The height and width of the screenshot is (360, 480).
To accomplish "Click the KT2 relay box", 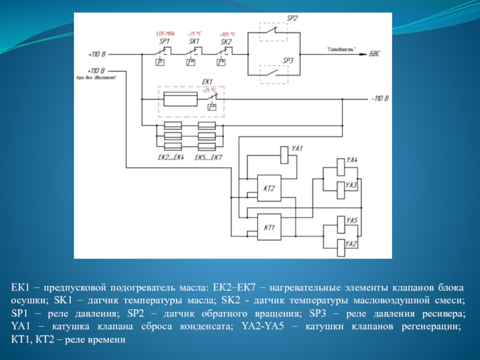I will tap(268, 189).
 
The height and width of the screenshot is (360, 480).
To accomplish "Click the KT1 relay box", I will tap(268, 228).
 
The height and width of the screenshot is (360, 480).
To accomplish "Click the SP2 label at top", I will tap(292, 19).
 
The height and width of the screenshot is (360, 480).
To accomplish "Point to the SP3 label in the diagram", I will tap(287, 61).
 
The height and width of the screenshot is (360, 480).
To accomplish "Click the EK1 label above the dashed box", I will tap(207, 82).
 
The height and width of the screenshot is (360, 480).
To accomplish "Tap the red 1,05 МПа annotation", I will tap(164, 34).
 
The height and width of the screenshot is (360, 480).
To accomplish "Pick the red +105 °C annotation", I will tap(227, 34).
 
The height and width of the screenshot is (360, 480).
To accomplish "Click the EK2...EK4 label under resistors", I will tap(170, 157).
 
